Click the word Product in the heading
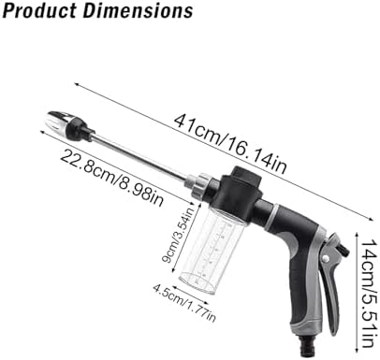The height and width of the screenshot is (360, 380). click(39, 10)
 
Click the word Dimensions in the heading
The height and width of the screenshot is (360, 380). click(139, 10)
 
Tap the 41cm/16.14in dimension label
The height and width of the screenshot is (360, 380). click(230, 143)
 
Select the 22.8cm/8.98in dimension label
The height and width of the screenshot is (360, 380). click(111, 178)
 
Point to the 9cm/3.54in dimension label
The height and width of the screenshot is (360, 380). click(179, 234)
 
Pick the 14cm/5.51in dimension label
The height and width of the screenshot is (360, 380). click(367, 293)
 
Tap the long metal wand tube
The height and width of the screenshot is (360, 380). click(139, 157)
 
